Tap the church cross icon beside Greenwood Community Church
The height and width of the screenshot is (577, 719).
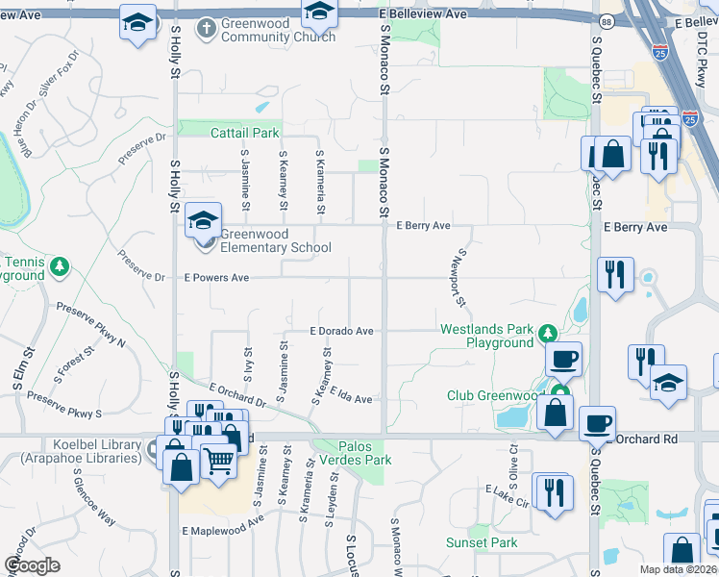205,28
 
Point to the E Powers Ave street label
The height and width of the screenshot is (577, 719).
216,278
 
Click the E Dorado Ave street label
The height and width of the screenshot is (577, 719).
340,330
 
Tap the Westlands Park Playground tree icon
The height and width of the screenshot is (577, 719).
548,334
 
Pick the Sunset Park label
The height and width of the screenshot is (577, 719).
482,542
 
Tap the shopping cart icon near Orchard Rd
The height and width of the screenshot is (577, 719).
219,462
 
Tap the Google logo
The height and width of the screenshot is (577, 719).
32,565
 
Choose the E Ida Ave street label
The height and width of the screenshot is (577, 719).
351,395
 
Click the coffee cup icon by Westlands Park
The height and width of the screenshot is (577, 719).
564,359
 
